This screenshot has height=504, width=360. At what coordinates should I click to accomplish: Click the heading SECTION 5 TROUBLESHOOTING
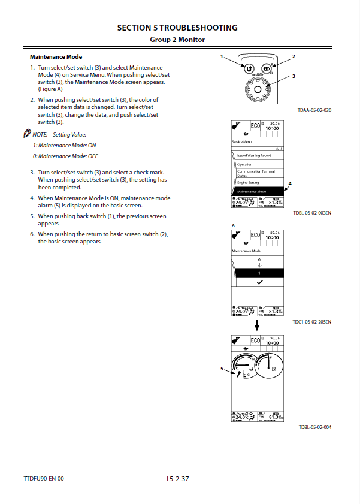177,28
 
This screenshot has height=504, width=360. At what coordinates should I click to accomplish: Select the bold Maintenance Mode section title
56,56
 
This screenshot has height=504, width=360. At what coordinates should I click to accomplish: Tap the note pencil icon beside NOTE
27,135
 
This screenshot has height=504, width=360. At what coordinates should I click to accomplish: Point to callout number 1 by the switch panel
222,56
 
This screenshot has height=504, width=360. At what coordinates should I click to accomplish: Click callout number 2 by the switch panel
294,56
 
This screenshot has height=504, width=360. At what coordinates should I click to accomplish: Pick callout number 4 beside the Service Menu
290,182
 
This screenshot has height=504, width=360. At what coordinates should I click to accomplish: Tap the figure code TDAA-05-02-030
314,111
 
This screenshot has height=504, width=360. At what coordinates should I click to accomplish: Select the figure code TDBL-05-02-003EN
312,213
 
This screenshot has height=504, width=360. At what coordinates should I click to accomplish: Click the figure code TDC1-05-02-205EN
312,322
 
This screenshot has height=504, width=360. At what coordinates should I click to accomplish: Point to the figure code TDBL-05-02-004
314,427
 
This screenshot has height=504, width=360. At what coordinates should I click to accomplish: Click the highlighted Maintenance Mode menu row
257,191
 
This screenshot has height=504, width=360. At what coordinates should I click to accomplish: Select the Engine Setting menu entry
248,182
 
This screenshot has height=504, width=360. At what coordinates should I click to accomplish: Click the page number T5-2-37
177,478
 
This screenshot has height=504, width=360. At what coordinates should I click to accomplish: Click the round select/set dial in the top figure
257,89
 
